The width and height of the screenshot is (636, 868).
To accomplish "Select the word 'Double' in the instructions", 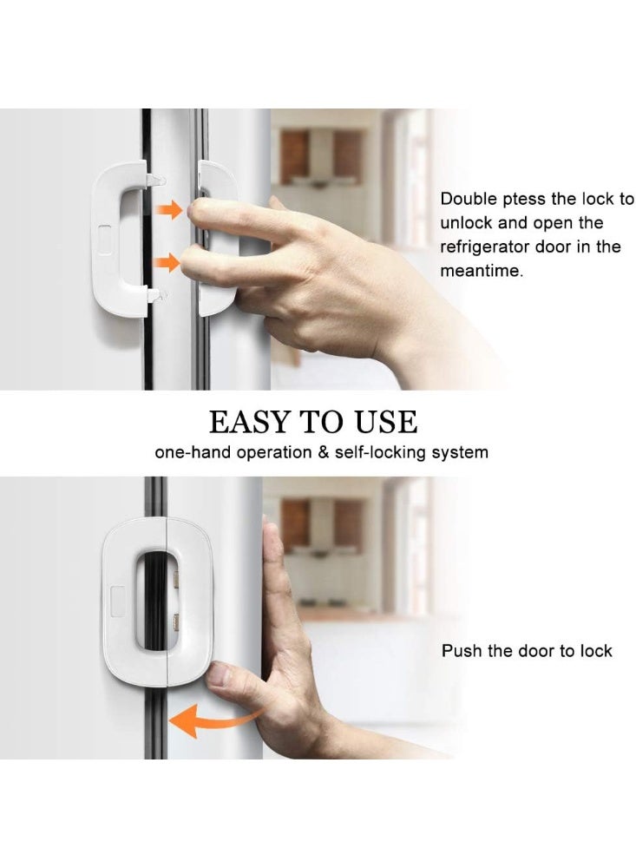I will tap(469, 200).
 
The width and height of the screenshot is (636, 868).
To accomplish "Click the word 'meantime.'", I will tap(481, 271).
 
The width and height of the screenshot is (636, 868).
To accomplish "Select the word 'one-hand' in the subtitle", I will tap(186, 452).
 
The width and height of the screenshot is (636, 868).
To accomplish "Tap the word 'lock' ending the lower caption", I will tap(594, 651).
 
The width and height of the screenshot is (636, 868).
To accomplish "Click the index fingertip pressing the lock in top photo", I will tap(199, 212).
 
